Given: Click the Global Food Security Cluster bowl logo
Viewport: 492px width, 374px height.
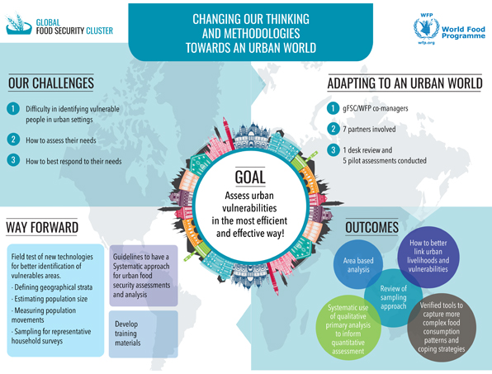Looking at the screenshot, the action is pyautogui.click(x=18, y=24).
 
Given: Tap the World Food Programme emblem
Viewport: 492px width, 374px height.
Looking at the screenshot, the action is pyautogui.click(x=426, y=28).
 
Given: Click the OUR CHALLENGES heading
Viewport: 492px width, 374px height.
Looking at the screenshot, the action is pyautogui.click(x=51, y=83).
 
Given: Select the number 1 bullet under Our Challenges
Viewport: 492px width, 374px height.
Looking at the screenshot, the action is pyautogui.click(x=13, y=109).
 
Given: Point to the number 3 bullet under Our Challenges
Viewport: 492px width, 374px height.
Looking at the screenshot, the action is pyautogui.click(x=13, y=160).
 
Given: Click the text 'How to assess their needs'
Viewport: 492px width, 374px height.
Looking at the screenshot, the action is pyautogui.click(x=61, y=140).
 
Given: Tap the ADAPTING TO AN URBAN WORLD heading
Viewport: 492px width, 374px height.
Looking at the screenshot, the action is pyautogui.click(x=404, y=83).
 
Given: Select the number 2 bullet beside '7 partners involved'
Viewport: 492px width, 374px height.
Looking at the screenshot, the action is pyautogui.click(x=334, y=129).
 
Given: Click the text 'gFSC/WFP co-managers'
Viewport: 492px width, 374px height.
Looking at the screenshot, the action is pyautogui.click(x=376, y=108).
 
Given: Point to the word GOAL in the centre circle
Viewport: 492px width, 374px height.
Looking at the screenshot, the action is pyautogui.click(x=250, y=177).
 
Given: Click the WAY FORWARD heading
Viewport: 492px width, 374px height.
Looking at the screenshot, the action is pyautogui.click(x=42, y=228).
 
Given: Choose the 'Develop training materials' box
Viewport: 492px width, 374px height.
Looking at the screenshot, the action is pyautogui.click(x=144, y=334).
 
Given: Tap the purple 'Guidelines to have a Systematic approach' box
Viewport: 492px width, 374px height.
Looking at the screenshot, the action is pyautogui.click(x=144, y=276).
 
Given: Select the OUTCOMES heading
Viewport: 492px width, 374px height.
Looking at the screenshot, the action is pyautogui.click(x=371, y=228).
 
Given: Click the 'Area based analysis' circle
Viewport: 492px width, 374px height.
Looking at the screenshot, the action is pyautogui.click(x=357, y=264).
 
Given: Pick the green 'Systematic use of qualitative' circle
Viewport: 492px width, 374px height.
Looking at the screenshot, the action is pyautogui.click(x=348, y=328).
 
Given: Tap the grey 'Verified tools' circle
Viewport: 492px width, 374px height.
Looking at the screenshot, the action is pyautogui.click(x=442, y=327).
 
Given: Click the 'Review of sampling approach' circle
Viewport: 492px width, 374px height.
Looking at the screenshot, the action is pyautogui.click(x=393, y=297).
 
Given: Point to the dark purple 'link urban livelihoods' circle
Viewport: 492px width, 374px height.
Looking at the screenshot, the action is pyautogui.click(x=428, y=257).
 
